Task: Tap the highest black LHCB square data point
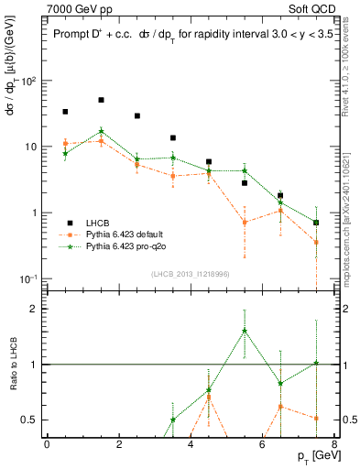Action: tap(101, 100)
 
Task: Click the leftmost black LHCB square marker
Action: tap(65, 112)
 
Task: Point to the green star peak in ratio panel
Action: tap(245, 331)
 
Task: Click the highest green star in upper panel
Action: tap(101, 131)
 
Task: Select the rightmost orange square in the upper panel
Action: tap(316, 242)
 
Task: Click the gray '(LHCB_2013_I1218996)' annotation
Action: tap(190, 274)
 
